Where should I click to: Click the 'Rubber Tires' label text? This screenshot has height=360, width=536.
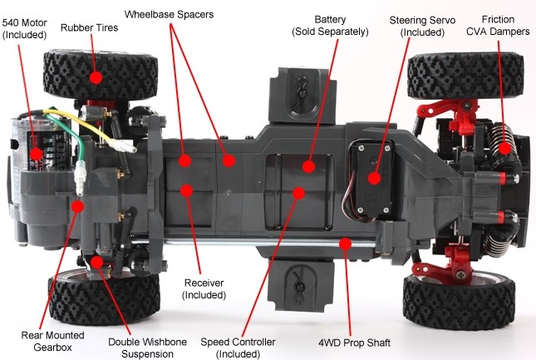tap(89, 27)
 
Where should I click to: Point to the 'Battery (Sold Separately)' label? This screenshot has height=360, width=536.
tap(330, 25)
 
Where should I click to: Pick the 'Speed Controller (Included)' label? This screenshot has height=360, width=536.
tap(238, 348)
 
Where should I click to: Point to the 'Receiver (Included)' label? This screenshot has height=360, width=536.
tap(204, 288)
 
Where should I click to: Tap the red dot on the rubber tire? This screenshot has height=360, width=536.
tap(96, 76)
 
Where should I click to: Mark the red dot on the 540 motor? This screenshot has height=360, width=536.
tap(37, 154)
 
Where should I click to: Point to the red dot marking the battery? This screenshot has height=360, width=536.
tap(308, 165)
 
